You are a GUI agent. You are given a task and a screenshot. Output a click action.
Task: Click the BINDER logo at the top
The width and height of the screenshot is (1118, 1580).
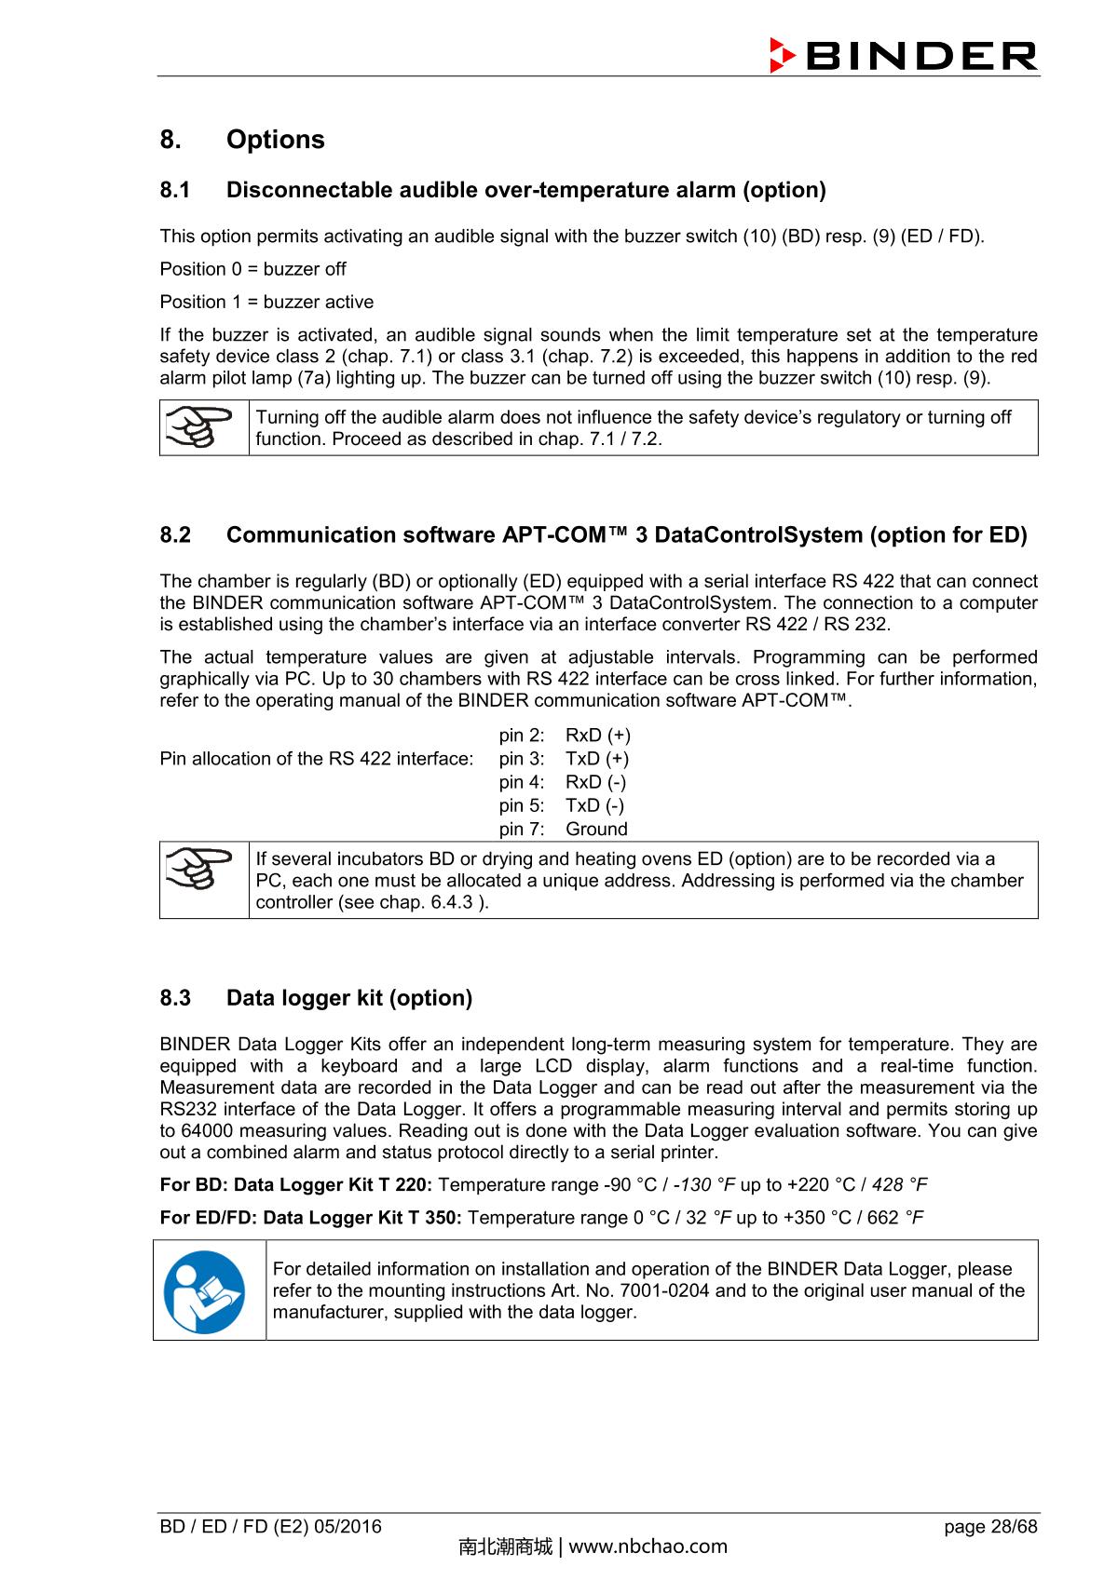pos(903,56)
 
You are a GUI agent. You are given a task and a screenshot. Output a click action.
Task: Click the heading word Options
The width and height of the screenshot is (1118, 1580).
pos(275,140)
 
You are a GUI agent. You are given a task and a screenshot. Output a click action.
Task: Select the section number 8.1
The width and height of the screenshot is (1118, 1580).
pos(175,190)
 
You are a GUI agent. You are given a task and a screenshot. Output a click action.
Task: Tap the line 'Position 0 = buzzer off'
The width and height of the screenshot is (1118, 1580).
pos(252,269)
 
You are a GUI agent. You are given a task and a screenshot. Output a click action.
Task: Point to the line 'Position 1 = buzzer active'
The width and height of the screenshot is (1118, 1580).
pos(266,302)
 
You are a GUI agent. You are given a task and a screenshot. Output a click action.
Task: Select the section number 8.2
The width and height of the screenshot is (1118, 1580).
pos(175,535)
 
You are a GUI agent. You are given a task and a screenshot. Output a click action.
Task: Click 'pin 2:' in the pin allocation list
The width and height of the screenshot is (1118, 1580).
pos(521,736)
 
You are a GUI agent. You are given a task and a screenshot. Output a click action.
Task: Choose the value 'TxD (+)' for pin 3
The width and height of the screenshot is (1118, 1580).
pos(596,759)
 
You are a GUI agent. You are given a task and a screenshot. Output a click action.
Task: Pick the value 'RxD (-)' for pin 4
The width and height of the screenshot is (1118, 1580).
pos(595,782)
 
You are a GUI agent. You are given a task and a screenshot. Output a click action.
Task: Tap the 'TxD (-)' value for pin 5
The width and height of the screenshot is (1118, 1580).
pos(594,805)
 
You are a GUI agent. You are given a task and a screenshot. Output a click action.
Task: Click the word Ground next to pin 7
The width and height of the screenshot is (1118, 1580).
pos(596,829)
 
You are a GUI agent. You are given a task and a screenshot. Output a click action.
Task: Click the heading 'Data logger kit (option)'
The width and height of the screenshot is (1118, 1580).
pos(348,998)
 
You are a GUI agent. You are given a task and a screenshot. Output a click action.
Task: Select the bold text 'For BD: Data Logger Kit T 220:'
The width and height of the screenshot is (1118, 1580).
pos(295,1184)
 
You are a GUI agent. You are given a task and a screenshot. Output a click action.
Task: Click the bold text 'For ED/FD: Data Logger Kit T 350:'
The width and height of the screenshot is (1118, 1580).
pos(310,1218)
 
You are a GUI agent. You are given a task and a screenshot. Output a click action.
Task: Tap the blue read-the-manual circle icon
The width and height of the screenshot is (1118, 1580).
pos(204,1291)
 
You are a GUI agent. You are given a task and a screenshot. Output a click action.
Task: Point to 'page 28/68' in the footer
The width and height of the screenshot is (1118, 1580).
pos(989,1526)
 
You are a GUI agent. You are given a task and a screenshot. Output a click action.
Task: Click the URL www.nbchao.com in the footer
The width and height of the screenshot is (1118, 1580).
pos(648,1547)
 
